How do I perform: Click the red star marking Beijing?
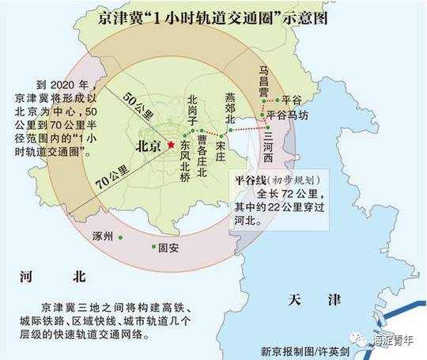[168, 147]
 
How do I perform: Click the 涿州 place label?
[104, 234]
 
